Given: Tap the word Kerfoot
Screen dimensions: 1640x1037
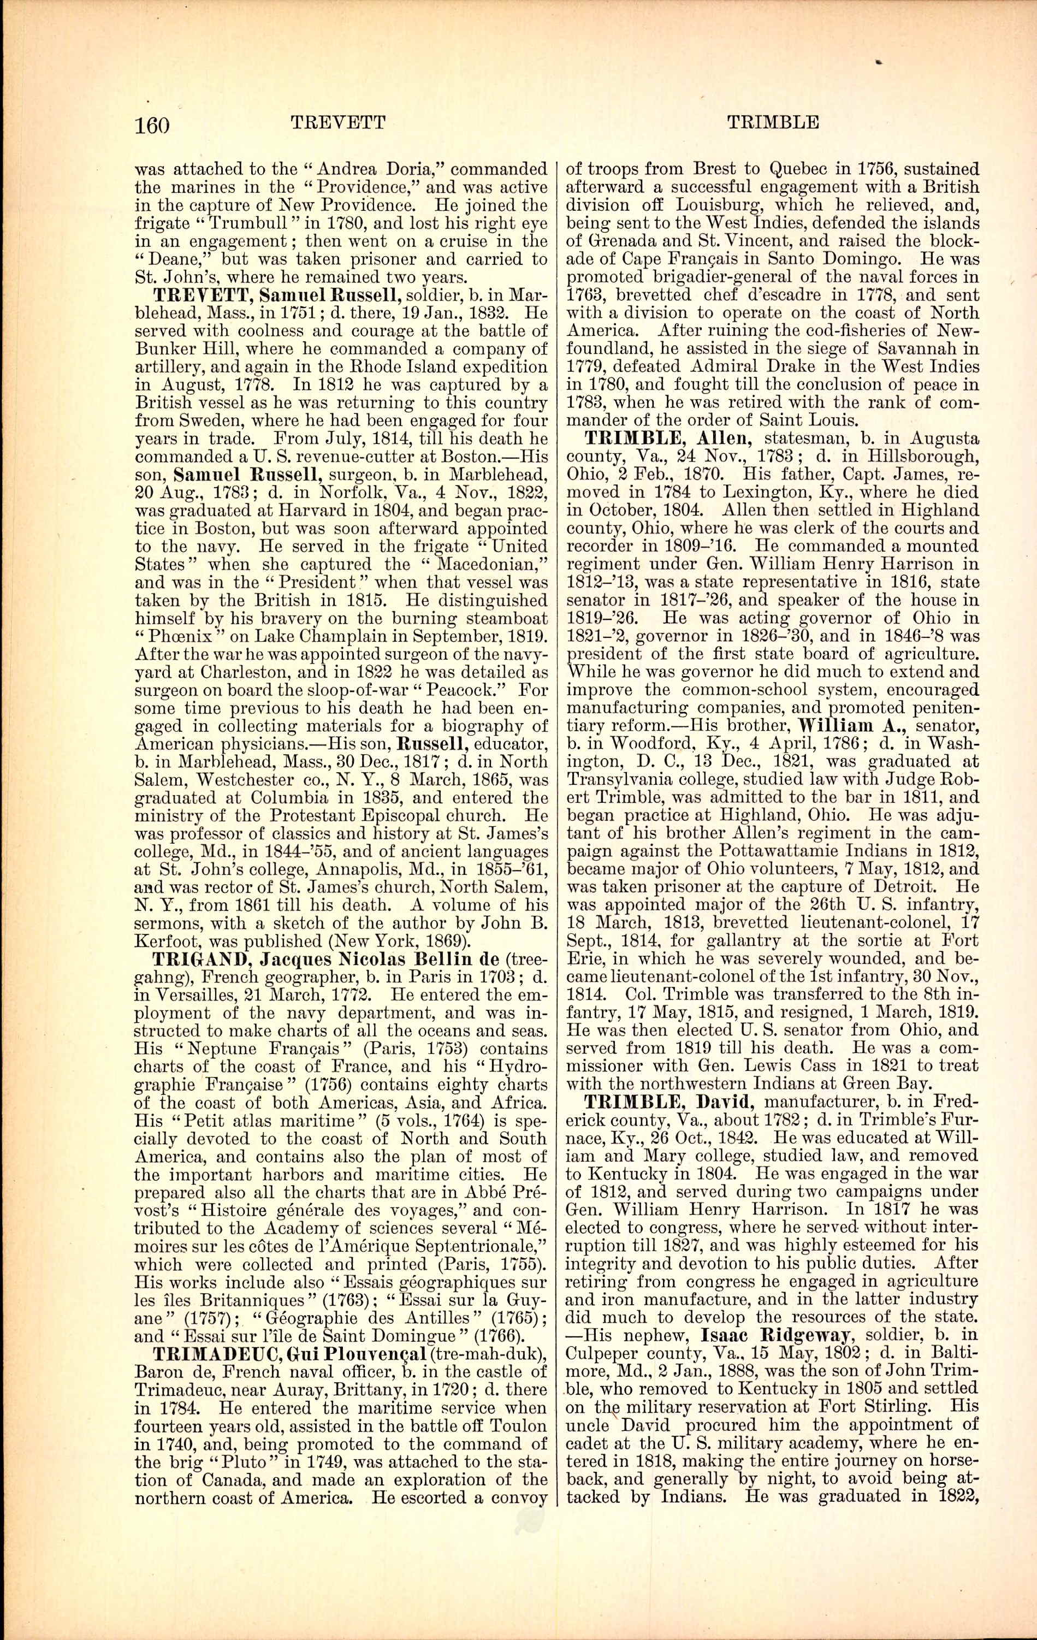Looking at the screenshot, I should (165, 943).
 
